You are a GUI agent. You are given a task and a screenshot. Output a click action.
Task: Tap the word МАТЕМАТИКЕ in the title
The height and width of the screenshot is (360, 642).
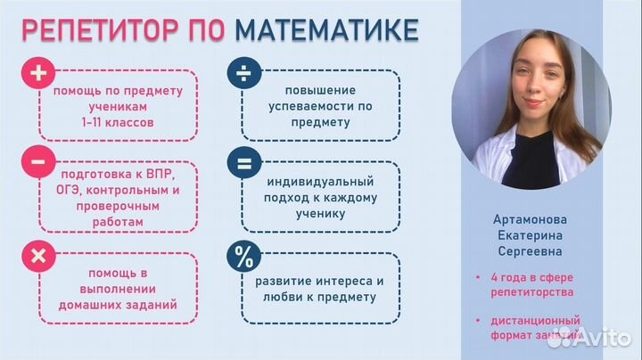pyautogui.click(x=326, y=30)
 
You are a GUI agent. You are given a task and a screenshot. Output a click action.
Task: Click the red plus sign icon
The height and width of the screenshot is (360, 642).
pyautogui.click(x=38, y=73)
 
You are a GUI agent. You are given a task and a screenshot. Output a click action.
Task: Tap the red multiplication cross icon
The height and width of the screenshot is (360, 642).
pyautogui.click(x=38, y=257)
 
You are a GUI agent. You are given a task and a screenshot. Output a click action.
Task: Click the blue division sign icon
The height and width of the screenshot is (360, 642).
pyautogui.click(x=242, y=73)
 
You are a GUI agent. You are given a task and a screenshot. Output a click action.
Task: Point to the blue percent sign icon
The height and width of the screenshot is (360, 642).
pyautogui.click(x=242, y=257)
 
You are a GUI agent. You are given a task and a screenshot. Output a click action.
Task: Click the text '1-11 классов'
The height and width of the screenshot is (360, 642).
pyautogui.click(x=117, y=122)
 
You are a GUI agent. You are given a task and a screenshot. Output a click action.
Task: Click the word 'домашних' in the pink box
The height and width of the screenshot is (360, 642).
pyautogui.click(x=93, y=305)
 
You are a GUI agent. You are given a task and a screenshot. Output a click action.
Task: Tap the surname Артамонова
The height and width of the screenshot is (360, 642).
pyautogui.click(x=530, y=218)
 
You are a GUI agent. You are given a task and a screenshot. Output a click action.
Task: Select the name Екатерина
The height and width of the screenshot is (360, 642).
pyautogui.click(x=530, y=235)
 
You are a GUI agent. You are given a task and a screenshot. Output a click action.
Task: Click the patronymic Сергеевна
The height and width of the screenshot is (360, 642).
pyautogui.click(x=530, y=252)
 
